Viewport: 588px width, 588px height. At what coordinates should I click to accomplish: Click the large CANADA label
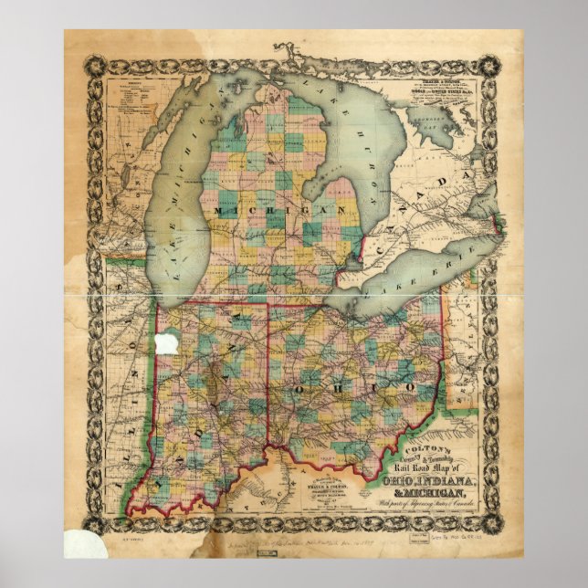[415, 210]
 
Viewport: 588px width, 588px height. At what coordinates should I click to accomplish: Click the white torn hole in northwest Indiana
[166, 344]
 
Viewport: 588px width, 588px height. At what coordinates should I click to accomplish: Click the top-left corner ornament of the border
[96, 67]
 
